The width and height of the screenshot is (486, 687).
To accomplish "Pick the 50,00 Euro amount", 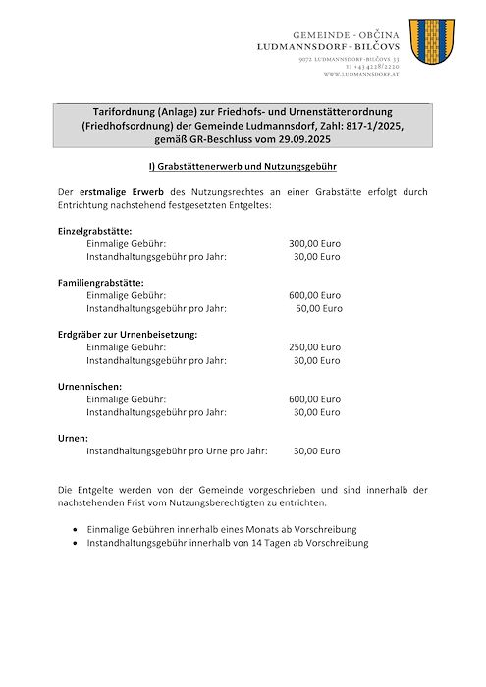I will pyautogui.click(x=318, y=308).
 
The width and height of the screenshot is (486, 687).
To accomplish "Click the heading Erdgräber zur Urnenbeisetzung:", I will pyautogui.click(x=128, y=335).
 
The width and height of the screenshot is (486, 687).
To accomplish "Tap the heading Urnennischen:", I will pyautogui.click(x=91, y=387).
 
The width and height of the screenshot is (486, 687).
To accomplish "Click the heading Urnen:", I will pyautogui.click(x=74, y=439).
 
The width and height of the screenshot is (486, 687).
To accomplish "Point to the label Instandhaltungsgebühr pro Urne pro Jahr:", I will pyautogui.click(x=177, y=452).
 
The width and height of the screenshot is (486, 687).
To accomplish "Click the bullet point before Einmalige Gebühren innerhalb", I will pyautogui.click(x=78, y=529).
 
